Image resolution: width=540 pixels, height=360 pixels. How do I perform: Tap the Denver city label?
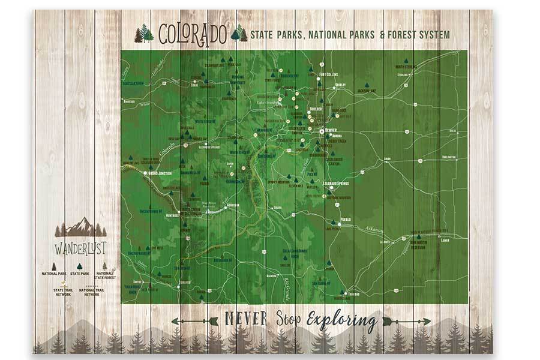331,130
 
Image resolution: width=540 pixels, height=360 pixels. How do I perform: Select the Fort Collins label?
329,74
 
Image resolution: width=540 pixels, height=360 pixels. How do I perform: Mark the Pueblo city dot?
338,220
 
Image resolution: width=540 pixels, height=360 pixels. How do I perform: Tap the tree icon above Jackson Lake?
367,85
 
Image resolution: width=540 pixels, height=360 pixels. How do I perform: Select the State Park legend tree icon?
79,266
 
